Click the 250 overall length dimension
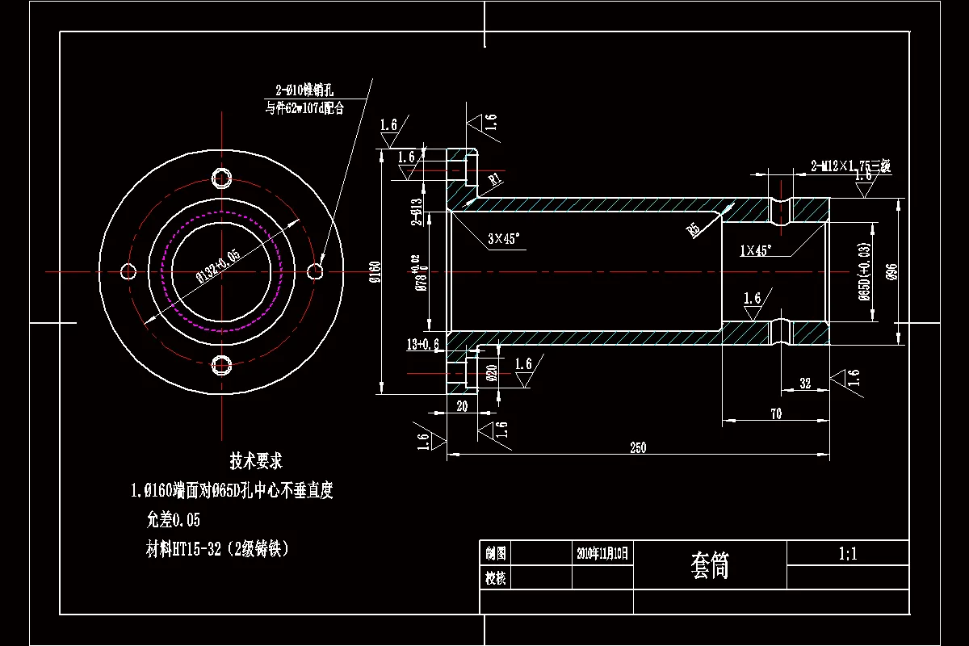point(637,448)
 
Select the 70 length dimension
point(775,413)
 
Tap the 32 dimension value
point(804,384)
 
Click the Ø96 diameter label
point(891,272)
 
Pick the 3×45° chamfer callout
point(504,238)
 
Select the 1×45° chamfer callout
point(756,250)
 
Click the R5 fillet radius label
point(693,230)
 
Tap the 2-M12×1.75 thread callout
point(849,167)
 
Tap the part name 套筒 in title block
point(710,565)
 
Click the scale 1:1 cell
point(848,554)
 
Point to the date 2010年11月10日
point(602,554)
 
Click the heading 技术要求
point(256,462)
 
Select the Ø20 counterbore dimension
point(492,372)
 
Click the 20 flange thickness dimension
point(462,406)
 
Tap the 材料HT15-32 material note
point(216,549)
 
